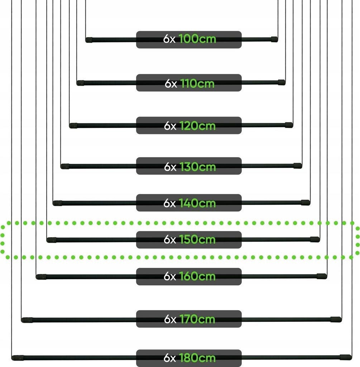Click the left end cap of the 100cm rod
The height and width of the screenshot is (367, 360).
pos(89,40)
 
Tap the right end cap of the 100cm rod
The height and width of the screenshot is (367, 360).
pos(274,39)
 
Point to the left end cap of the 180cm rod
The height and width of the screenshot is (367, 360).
pos(18,358)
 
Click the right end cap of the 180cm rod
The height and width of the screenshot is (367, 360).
pos(346,357)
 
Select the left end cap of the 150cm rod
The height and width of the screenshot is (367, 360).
pos(52,240)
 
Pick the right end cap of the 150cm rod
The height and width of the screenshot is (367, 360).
pos(315,239)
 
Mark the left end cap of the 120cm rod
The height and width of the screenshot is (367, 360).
pos(73,126)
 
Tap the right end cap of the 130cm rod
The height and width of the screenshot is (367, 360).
pos(298,166)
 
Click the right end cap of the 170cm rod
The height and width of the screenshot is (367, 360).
pos(336,319)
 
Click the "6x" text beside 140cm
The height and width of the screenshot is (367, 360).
pos(170,203)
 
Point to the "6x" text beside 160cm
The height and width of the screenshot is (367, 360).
pos(170,276)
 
